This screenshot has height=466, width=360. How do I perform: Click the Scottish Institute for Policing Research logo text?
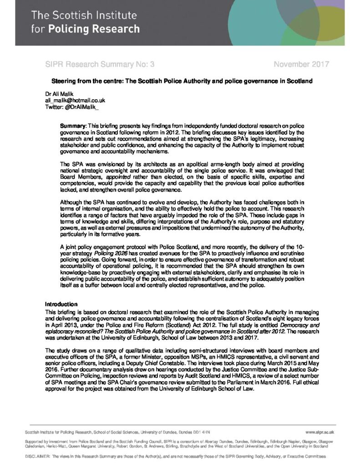(x=85, y=23)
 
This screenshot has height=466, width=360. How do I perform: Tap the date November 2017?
(x=301, y=64)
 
